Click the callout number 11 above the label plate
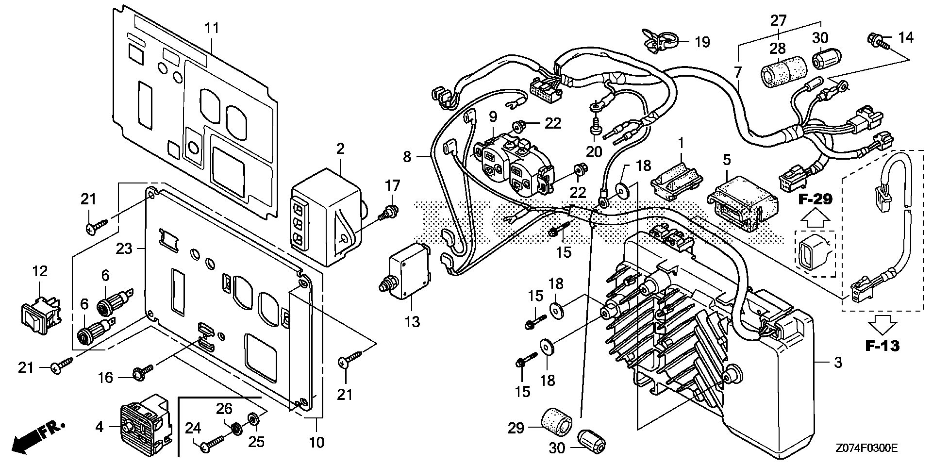(212, 28)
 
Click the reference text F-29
(815, 199)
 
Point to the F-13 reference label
(882, 346)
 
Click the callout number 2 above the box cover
(340, 149)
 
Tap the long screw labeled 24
(214, 442)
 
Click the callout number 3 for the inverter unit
(838, 363)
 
